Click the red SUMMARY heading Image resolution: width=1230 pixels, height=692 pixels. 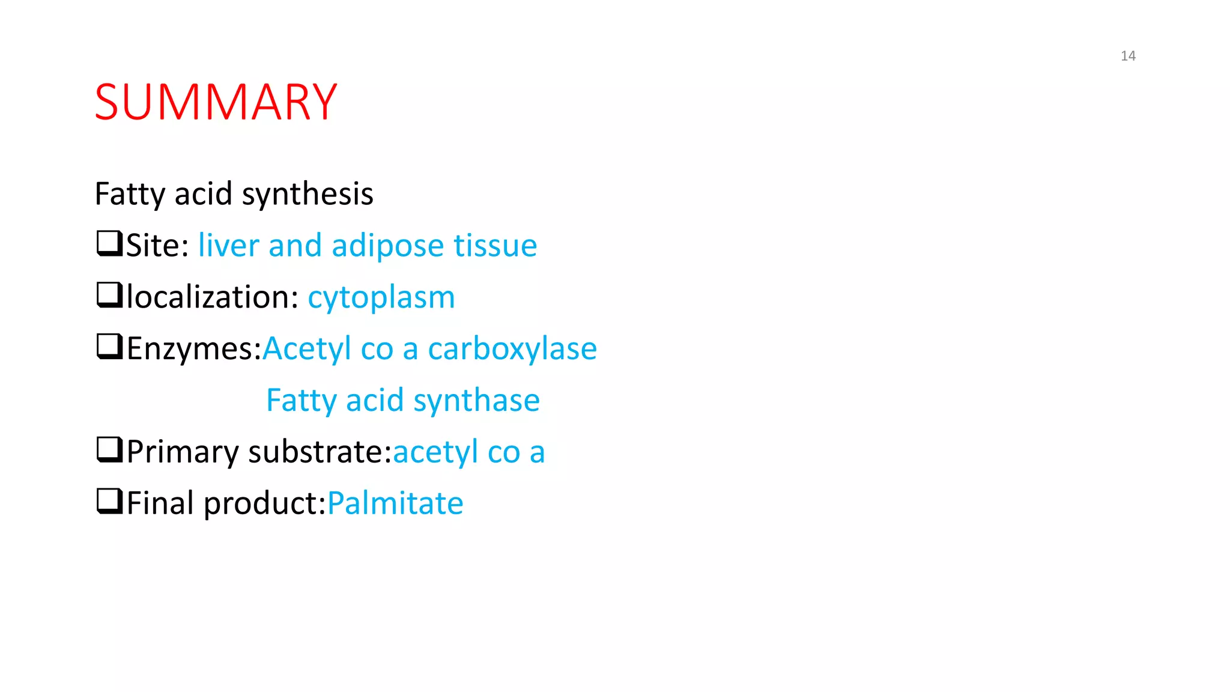tap(216, 102)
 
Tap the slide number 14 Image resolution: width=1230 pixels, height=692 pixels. tap(1128, 56)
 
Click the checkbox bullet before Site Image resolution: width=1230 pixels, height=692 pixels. tap(109, 244)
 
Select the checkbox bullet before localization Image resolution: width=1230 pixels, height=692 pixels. tap(109, 296)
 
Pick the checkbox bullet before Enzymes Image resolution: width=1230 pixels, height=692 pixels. tap(109, 347)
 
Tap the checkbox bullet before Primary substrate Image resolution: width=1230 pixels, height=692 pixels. tap(109, 451)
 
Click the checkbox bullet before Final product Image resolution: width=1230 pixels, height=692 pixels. tap(109, 502)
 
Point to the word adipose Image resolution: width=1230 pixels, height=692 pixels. tap(388, 246)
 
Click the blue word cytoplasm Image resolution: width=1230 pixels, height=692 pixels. tap(381, 298)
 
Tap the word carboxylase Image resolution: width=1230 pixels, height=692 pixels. tap(512, 348)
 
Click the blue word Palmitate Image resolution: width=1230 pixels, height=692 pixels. tap(395, 503)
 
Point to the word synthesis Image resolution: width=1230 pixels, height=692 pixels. tap(307, 195)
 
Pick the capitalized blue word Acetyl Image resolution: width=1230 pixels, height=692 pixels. tap(307, 349)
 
